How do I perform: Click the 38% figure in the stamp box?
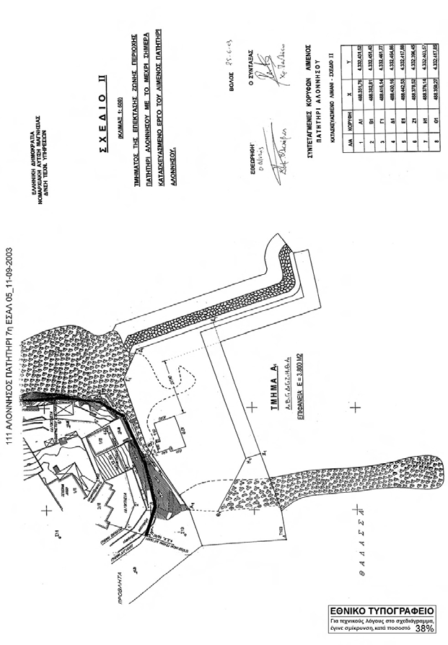[424, 629]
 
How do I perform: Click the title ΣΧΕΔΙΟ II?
[104, 123]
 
